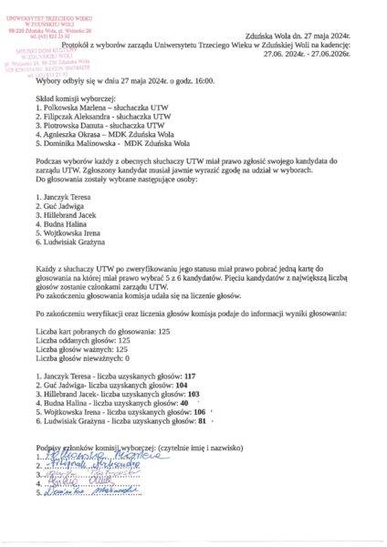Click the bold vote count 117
189,376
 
